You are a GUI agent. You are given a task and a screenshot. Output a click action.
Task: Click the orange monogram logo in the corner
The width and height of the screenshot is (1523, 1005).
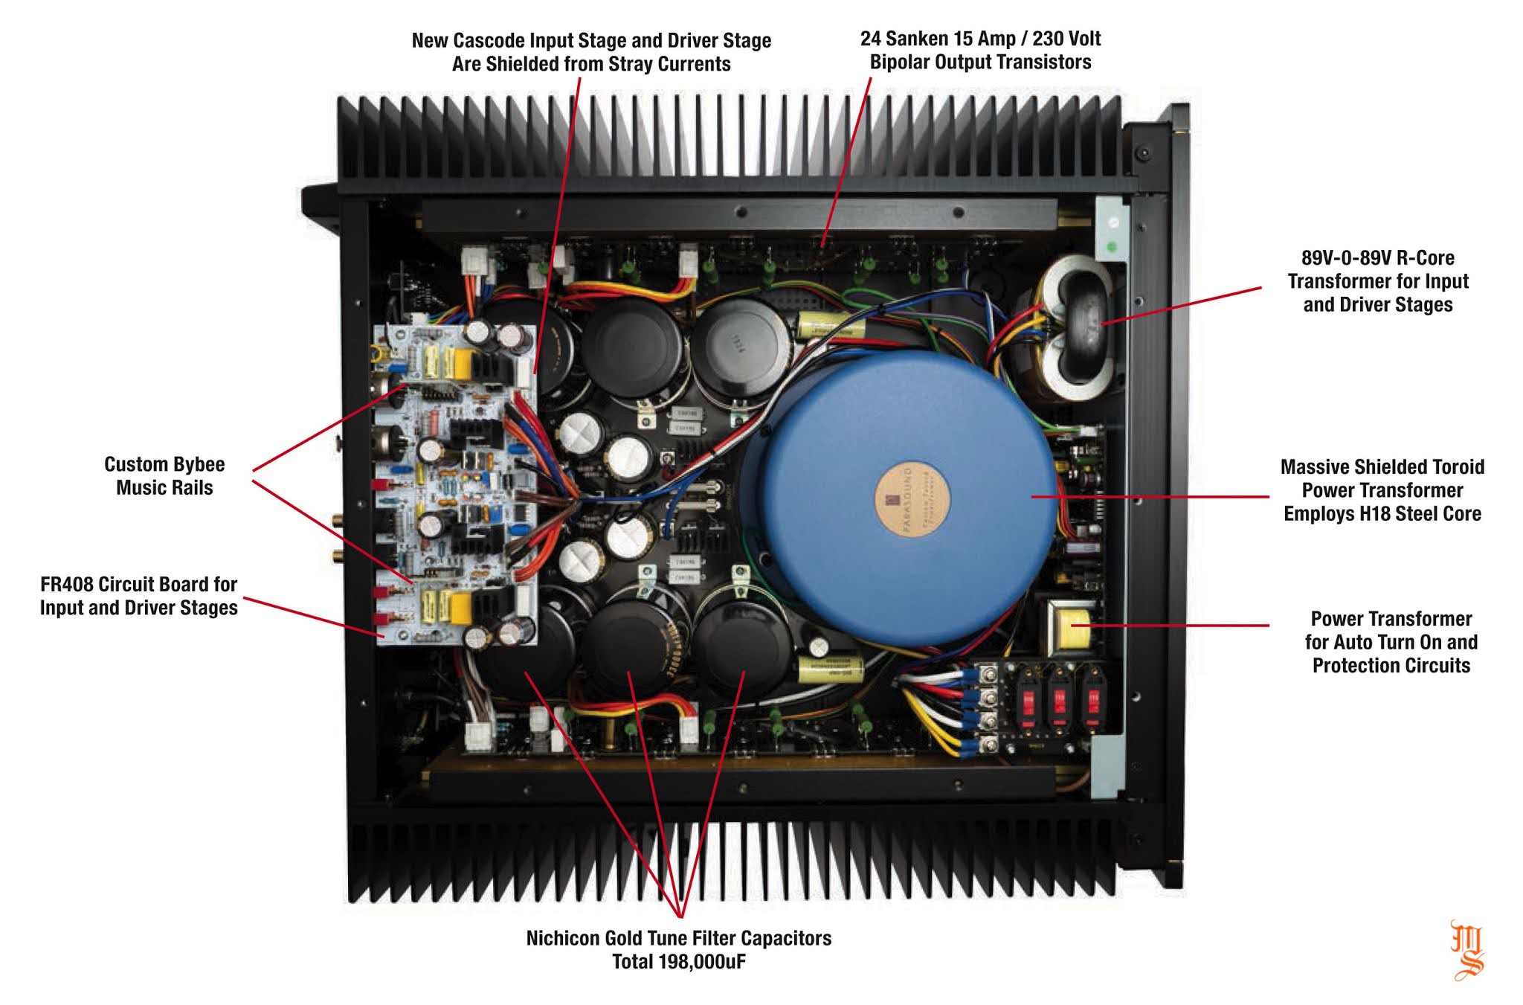point(1466,950)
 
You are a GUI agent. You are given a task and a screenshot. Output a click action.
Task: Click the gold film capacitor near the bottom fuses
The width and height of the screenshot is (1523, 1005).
point(830,669)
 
